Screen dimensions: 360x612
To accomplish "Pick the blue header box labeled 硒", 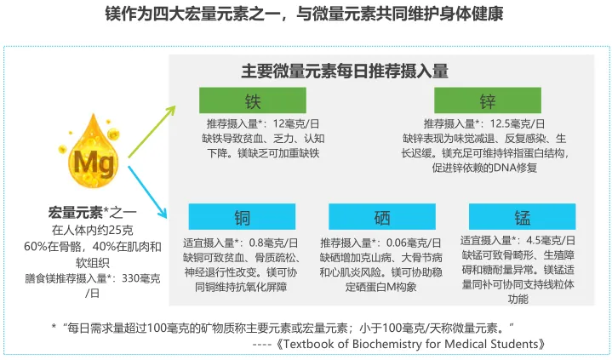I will tap(381, 218).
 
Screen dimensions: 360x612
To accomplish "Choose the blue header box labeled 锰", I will tap(521, 216).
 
